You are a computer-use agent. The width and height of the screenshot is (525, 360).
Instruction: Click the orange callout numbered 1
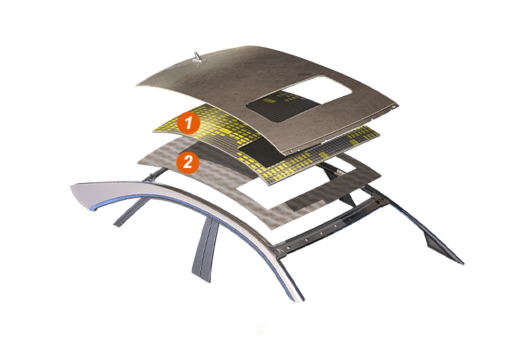point(189,122)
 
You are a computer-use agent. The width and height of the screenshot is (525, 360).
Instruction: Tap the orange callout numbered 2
point(187,163)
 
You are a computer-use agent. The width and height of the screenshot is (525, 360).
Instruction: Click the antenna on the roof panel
point(197,58)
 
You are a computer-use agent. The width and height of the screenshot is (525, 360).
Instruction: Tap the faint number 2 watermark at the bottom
point(260,331)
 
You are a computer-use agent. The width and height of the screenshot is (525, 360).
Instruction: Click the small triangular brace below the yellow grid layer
point(347,199)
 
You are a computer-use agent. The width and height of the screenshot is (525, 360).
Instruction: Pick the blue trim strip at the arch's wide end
point(95,207)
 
